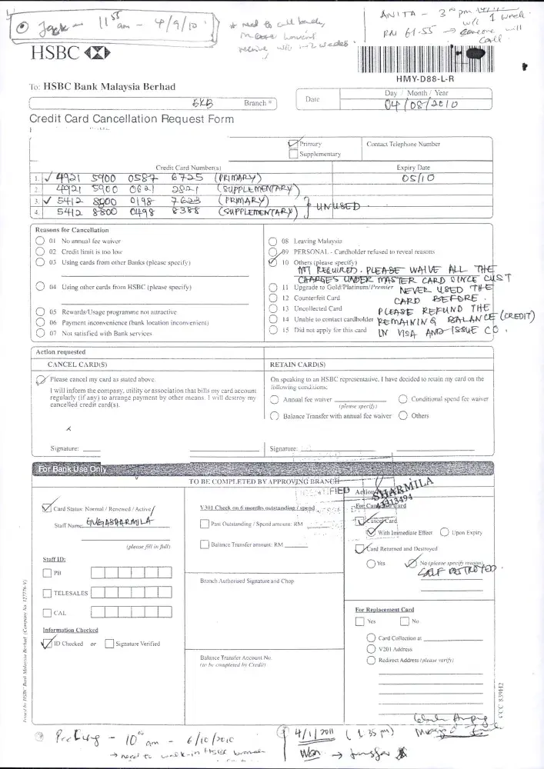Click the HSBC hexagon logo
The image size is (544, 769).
pyautogui.click(x=98, y=54)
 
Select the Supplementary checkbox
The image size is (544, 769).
pyautogui.click(x=293, y=154)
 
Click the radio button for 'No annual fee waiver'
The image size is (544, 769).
pyautogui.click(x=39, y=241)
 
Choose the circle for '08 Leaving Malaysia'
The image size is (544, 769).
pyautogui.click(x=272, y=241)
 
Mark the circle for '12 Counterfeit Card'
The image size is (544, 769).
pyautogui.click(x=272, y=298)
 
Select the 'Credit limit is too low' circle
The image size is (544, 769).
pyautogui.click(x=39, y=251)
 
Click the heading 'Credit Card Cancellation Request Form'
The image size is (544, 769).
pyautogui.click(x=131, y=119)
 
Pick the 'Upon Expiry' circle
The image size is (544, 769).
pyautogui.click(x=445, y=532)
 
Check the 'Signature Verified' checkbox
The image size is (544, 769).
pyautogui.click(x=109, y=644)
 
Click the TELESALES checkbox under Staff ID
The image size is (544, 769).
pyautogui.click(x=48, y=593)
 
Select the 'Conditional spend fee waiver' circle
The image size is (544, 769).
pyautogui.click(x=403, y=398)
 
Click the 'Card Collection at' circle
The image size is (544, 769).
pyautogui.click(x=370, y=638)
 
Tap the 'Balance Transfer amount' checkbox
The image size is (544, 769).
pyautogui.click(x=204, y=544)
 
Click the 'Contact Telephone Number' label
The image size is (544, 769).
pyautogui.click(x=403, y=144)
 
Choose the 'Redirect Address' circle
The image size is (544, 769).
pyautogui.click(x=370, y=660)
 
